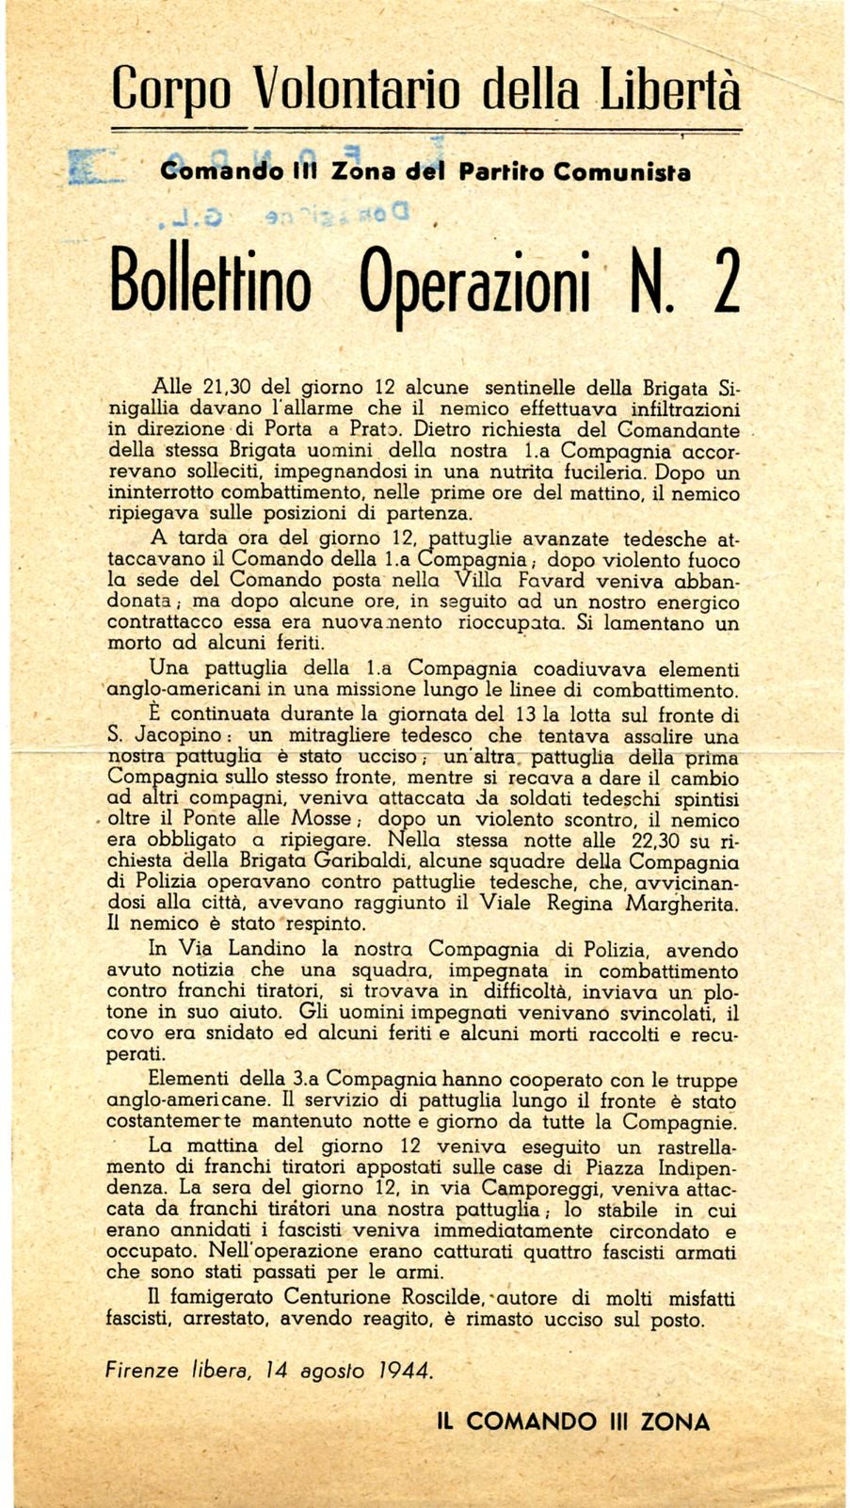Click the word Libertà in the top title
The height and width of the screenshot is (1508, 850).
pos(669,89)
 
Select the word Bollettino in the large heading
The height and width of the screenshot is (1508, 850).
pos(211,281)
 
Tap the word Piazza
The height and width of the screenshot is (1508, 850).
pos(601,1167)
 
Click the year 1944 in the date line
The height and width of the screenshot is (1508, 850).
pos(406,1371)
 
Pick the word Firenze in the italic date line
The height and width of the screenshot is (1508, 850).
pos(141,1371)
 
